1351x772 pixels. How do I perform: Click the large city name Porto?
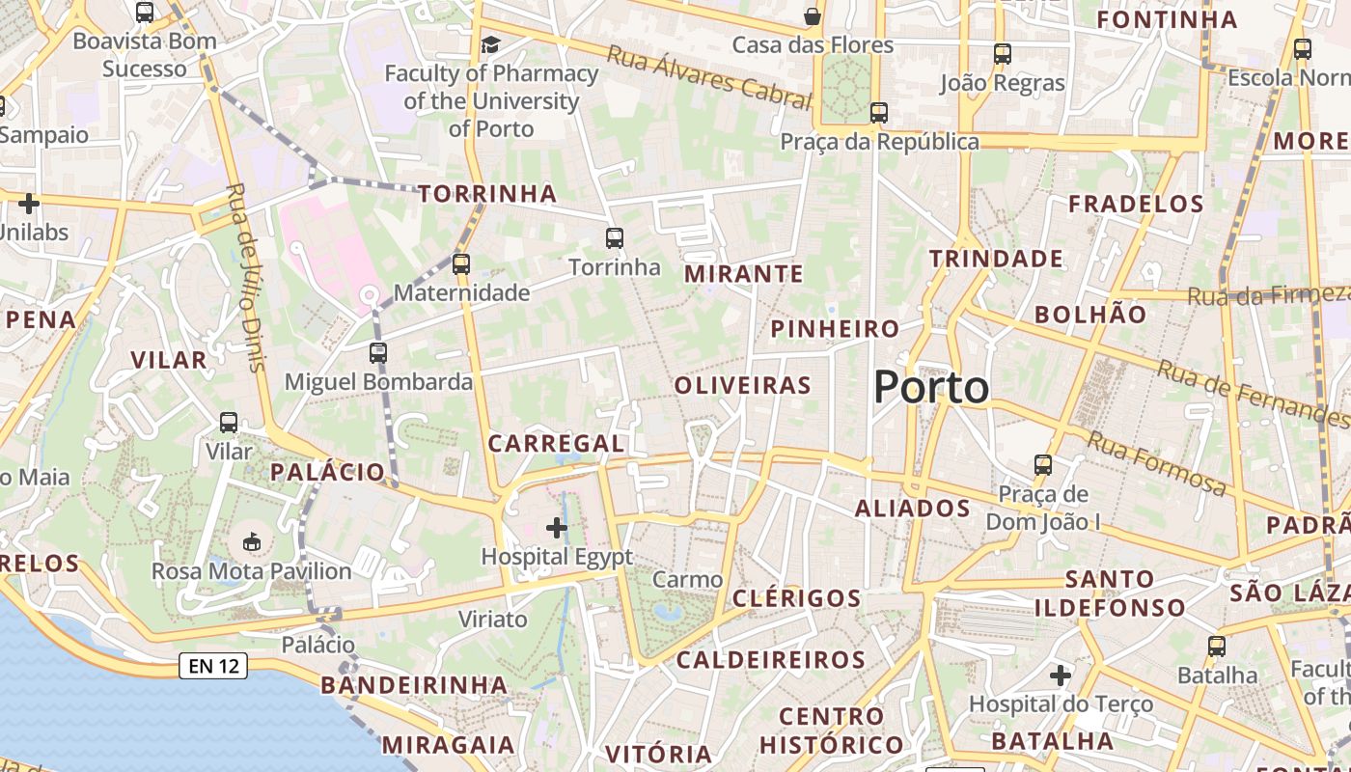(931, 387)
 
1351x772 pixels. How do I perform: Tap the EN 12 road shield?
(212, 666)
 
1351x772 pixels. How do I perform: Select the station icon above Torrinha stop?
(615, 237)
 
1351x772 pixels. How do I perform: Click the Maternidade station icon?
(461, 263)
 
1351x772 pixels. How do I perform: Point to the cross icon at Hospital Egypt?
(557, 527)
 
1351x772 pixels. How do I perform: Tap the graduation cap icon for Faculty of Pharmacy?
(491, 44)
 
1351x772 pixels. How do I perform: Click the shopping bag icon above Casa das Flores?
(813, 16)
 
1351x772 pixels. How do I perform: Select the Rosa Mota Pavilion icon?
(252, 541)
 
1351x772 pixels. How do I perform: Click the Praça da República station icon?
(878, 112)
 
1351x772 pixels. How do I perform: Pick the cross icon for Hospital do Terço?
(1061, 675)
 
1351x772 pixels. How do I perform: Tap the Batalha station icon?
(1217, 646)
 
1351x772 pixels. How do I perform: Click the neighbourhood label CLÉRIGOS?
(796, 598)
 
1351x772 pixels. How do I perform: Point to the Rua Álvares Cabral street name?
(708, 74)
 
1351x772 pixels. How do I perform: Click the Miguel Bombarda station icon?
(378, 353)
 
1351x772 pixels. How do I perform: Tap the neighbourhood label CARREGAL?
(556, 444)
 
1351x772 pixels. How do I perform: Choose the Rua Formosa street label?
(1157, 464)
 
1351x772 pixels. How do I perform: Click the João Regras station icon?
(1003, 54)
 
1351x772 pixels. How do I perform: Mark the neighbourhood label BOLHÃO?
(1090, 315)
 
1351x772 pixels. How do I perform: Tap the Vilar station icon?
(229, 422)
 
